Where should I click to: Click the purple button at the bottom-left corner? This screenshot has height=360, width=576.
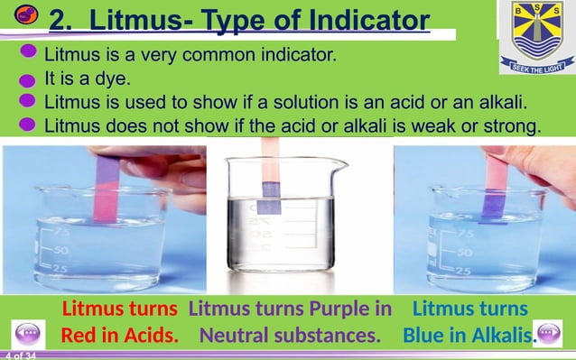tap(27, 334)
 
